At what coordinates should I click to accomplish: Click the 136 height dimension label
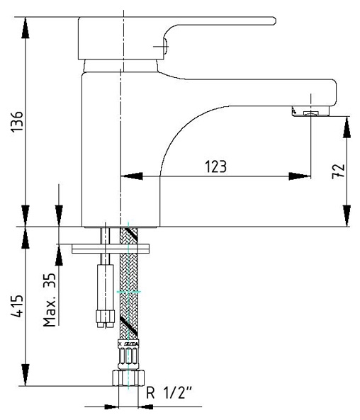[x=16, y=121]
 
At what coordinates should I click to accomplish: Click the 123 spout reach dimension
[x=215, y=166]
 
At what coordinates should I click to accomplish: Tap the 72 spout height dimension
[x=338, y=171]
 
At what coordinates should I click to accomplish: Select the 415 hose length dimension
[x=16, y=306]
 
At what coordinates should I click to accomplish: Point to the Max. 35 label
[x=50, y=300]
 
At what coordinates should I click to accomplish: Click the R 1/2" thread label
[x=169, y=393]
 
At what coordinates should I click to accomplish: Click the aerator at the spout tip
[x=310, y=111]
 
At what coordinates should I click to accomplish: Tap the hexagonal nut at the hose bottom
[x=128, y=378]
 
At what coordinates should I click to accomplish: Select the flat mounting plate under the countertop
[x=111, y=249]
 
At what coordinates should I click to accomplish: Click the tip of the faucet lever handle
[x=275, y=21]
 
